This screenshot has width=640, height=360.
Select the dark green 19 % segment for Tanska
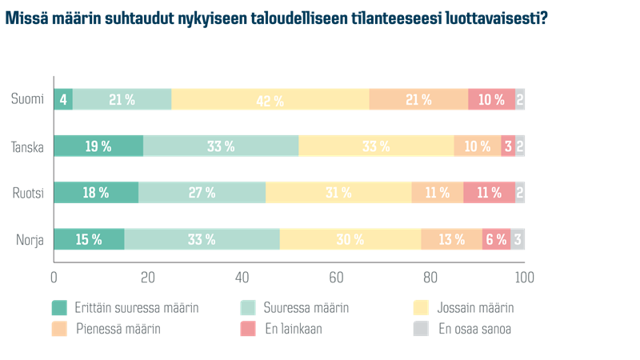[x=98, y=146]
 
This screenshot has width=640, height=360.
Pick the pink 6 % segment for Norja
[x=496, y=239]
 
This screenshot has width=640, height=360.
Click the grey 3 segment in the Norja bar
[x=518, y=239]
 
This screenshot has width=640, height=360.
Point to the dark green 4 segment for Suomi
[x=63, y=100]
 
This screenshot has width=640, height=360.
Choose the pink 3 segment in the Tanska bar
[x=508, y=146]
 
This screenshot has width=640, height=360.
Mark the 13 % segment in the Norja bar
[x=451, y=239]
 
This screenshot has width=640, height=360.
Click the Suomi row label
[x=26, y=99]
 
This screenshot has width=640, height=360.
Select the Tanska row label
[x=26, y=146]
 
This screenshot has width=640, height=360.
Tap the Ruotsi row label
[x=26, y=193]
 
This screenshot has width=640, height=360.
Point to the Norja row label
[x=28, y=239]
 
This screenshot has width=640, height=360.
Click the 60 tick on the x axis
[x=336, y=278]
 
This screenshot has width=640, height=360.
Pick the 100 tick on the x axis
[x=524, y=278]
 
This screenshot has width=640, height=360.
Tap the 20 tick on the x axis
[x=148, y=278]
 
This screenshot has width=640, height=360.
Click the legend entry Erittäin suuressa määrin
[x=136, y=307]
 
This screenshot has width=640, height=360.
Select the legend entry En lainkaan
[x=293, y=328]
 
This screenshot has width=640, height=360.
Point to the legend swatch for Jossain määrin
[x=421, y=307]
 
